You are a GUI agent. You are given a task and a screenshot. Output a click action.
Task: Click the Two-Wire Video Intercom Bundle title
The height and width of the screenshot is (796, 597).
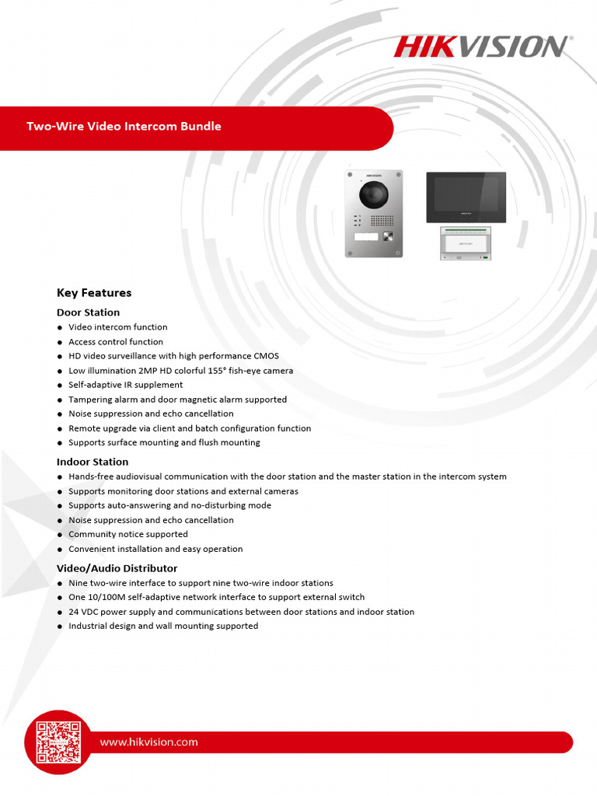click(x=124, y=127)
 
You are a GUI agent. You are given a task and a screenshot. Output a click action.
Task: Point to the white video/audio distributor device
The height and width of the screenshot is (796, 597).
click(x=466, y=243)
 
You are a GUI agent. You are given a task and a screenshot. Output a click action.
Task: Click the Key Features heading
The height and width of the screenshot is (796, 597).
click(x=94, y=293)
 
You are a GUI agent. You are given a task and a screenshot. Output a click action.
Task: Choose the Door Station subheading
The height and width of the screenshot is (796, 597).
click(x=88, y=312)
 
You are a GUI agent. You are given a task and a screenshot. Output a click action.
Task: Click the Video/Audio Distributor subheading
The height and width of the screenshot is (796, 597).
click(x=117, y=568)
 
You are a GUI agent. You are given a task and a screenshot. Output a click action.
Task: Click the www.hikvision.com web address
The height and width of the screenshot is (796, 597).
click(x=148, y=742)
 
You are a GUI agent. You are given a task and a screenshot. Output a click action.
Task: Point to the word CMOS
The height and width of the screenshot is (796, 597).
click(x=266, y=356)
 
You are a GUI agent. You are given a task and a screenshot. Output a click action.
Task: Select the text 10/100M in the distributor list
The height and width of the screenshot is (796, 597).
click(x=109, y=598)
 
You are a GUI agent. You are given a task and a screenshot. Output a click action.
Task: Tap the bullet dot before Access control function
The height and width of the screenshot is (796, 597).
click(x=60, y=342)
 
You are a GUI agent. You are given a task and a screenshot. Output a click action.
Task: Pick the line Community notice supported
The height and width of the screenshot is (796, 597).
click(x=127, y=535)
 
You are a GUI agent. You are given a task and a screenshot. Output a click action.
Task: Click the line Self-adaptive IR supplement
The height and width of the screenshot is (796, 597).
click(x=125, y=385)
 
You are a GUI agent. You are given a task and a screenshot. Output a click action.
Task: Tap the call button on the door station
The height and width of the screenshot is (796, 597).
click(x=386, y=237)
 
